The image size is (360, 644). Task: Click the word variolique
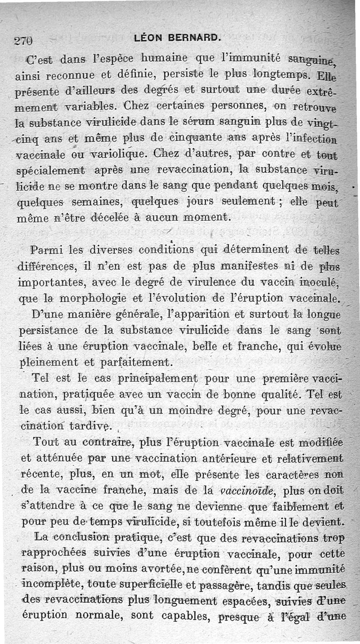point(114,154)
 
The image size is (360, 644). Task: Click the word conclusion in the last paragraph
point(80,537)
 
